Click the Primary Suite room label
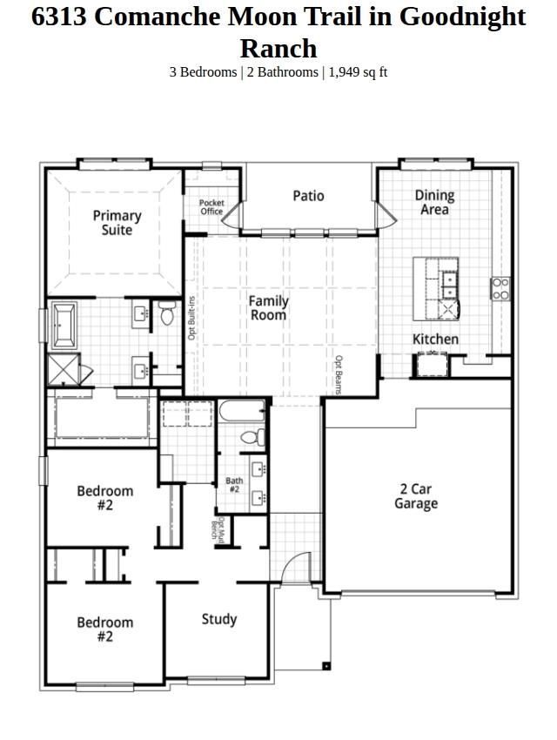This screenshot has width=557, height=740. pyautogui.click(x=117, y=223)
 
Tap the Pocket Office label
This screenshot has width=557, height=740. pyautogui.click(x=211, y=206)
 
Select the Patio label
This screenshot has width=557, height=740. pyautogui.click(x=308, y=195)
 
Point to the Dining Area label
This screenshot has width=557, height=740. pyautogui.click(x=434, y=202)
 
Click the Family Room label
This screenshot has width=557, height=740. pyautogui.click(x=268, y=307)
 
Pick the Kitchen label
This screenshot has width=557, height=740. pyautogui.click(x=435, y=339)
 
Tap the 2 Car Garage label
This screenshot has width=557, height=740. pyautogui.click(x=416, y=496)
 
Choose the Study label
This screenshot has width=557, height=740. pyautogui.click(x=218, y=619)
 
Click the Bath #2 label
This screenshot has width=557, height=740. pyautogui.click(x=234, y=485)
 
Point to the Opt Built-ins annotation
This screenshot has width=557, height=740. pyautogui.click(x=191, y=318)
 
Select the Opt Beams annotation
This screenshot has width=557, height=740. pyautogui.click(x=339, y=374)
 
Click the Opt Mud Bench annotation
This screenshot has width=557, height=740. pyautogui.click(x=217, y=529)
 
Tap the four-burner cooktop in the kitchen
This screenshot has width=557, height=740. pyautogui.click(x=500, y=289)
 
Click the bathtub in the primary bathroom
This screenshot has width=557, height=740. pyautogui.click(x=64, y=326)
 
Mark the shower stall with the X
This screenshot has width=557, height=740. pyautogui.click(x=64, y=369)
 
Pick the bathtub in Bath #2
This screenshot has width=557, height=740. pyautogui.click(x=243, y=410)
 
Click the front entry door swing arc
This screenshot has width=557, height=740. pyautogui.click(x=290, y=562)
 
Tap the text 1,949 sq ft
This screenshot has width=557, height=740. pyautogui.click(x=358, y=72)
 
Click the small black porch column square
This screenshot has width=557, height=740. pyautogui.click(x=325, y=666)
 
